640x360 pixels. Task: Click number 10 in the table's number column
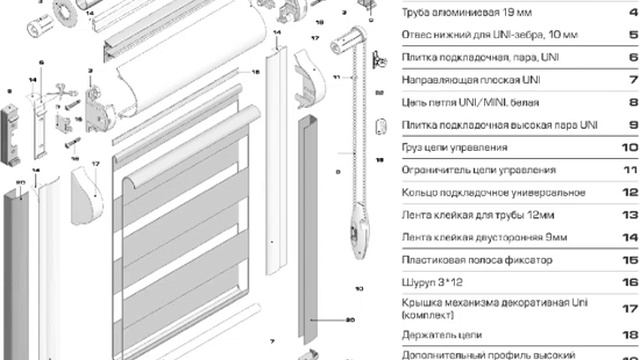pyautogui.click(x=630, y=147)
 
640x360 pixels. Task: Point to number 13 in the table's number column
pyautogui.click(x=630, y=215)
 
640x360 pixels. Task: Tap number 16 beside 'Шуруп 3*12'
pyautogui.click(x=630, y=281)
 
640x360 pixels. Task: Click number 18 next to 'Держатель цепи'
pyautogui.click(x=630, y=334)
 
